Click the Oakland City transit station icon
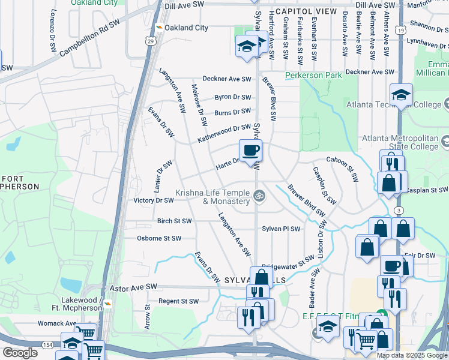(x=158, y=28)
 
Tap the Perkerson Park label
(x=313, y=75)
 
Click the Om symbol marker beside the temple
(x=259, y=194)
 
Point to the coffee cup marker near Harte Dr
(x=250, y=151)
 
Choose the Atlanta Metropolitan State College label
(x=400, y=142)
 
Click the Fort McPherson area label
(x=20, y=182)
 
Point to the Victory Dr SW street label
(x=153, y=200)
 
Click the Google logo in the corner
(x=20, y=353)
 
